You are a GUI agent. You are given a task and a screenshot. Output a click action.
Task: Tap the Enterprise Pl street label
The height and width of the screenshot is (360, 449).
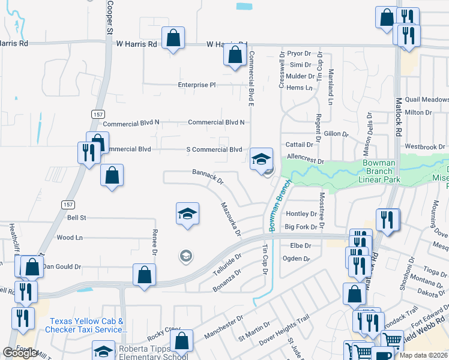coord(196,85)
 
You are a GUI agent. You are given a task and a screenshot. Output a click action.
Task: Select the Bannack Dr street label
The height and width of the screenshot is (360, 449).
coord(208,176)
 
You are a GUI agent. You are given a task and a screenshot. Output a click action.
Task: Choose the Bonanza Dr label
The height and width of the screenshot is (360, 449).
coord(226,281)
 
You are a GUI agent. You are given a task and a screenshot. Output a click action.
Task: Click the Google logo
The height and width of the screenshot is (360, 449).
coord(20,353)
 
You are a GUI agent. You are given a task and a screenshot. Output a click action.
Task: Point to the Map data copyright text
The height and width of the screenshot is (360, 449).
coord(423,355)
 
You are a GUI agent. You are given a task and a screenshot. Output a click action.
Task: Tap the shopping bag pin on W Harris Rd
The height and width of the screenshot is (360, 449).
coord(173,39)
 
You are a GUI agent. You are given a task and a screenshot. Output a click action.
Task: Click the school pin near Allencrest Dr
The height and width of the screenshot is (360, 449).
coord(261,159)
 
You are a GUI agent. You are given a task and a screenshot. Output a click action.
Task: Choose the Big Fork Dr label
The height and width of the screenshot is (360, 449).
coord(301,227)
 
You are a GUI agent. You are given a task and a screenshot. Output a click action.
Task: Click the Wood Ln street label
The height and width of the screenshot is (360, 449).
coord(69,238)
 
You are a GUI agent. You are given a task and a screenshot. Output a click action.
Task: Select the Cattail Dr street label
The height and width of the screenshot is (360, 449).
coord(300,145)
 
